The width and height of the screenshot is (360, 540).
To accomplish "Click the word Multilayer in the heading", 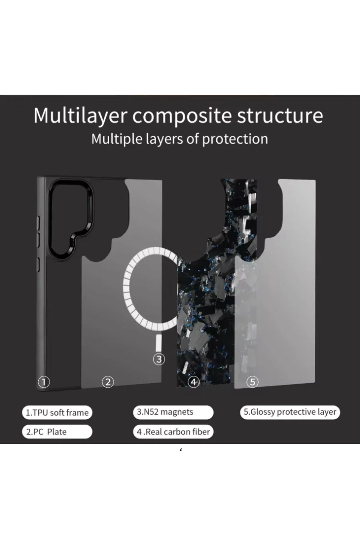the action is [80, 115].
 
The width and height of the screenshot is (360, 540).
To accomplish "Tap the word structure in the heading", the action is [280, 115].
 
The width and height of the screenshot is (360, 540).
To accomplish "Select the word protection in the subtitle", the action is [235, 139].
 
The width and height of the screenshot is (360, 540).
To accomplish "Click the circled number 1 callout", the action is [44, 382].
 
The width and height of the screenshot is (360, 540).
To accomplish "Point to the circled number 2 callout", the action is [108, 382].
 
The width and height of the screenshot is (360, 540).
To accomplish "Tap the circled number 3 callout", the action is [159, 359].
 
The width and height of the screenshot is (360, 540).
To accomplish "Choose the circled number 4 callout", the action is [193, 382].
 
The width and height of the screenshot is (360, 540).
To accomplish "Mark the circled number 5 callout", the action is [252, 382].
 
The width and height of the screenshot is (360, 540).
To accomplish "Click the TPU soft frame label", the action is [57, 412].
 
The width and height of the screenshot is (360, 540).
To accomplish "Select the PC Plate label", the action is [57, 432].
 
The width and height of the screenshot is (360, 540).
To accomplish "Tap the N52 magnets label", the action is [173, 412].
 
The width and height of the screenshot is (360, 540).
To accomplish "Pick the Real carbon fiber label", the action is [173, 432].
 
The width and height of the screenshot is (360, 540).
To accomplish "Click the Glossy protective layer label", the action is [290, 412].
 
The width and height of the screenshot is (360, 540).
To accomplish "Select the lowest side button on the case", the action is [38, 265].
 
